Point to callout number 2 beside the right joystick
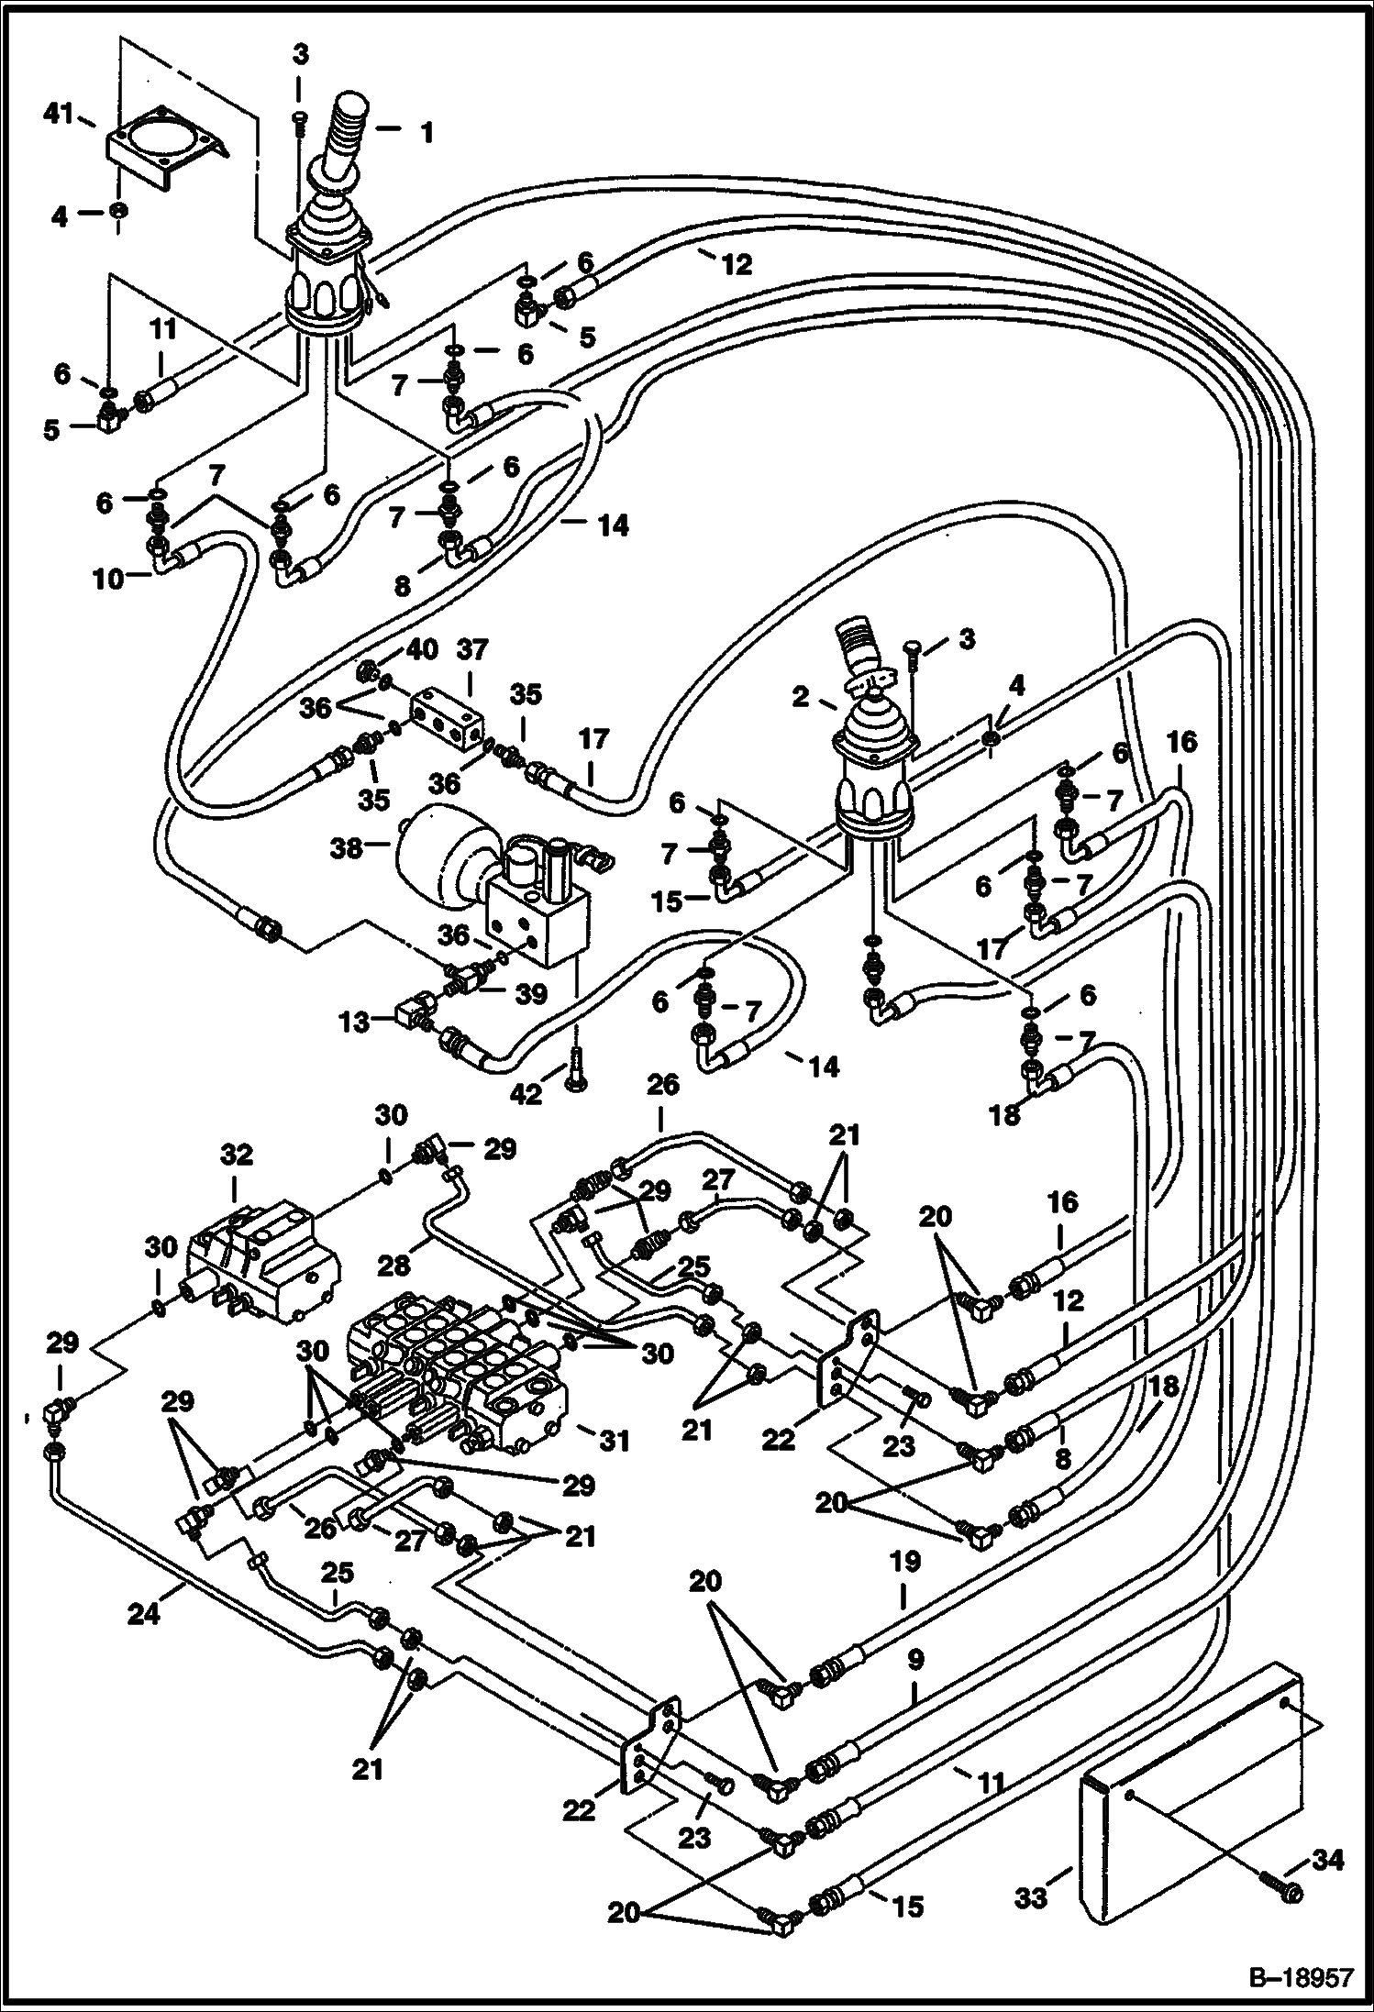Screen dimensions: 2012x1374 click(802, 698)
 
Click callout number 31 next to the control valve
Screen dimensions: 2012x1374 click(615, 1442)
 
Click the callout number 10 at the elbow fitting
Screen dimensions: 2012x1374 click(108, 580)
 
